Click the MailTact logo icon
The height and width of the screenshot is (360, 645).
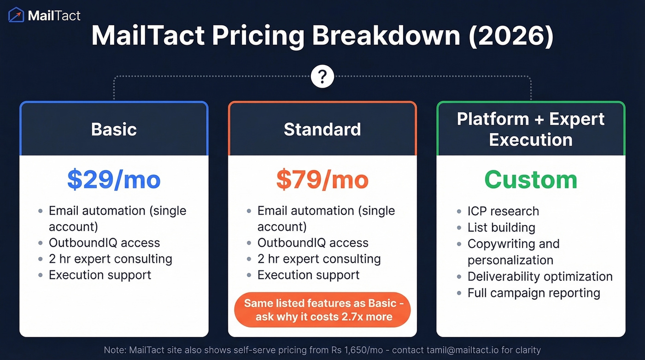click(x=16, y=15)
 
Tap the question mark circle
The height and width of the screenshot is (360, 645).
click(x=322, y=77)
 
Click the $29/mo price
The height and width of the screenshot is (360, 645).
click(x=114, y=180)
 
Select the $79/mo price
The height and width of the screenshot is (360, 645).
click(x=322, y=180)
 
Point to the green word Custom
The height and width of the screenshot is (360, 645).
click(x=531, y=180)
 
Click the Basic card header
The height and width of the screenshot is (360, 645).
click(x=114, y=129)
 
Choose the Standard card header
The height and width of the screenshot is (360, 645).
click(x=322, y=129)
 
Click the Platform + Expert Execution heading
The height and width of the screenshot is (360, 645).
click(x=531, y=129)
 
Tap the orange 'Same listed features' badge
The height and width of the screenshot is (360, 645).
click(x=322, y=310)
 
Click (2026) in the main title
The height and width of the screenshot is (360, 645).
click(x=511, y=36)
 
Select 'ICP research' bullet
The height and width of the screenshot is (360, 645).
click(x=503, y=211)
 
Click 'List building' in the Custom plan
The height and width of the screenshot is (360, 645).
click(x=501, y=228)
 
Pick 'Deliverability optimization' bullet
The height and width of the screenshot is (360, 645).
click(x=540, y=277)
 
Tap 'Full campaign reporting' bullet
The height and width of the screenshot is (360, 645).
click(x=534, y=293)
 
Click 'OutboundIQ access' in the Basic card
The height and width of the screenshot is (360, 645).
click(x=104, y=243)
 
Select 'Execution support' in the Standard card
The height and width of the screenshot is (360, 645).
click(x=308, y=275)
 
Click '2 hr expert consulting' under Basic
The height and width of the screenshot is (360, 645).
click(x=111, y=259)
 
